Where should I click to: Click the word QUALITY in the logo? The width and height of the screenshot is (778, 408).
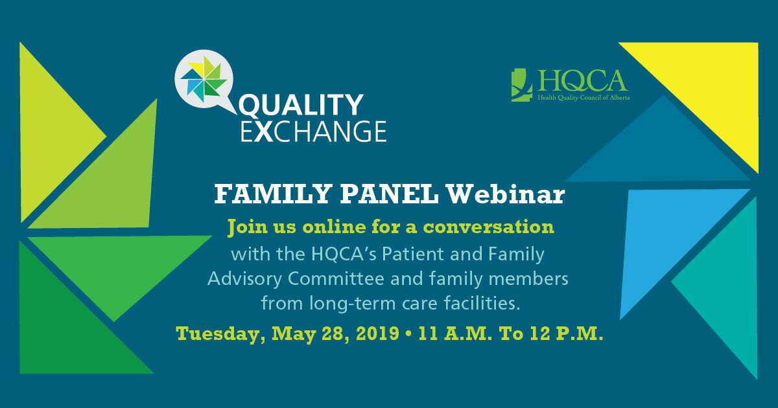pos(301,105)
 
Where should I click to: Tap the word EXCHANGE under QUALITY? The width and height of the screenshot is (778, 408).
pos(314,131)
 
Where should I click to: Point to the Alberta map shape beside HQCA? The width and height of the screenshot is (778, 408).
pos(521,85)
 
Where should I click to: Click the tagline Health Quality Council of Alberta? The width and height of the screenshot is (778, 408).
pos(583,98)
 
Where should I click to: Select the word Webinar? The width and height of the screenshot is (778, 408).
pos(506,195)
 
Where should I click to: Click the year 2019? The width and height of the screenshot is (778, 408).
pos(377,334)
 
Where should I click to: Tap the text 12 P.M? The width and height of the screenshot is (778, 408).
pos(567,334)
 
